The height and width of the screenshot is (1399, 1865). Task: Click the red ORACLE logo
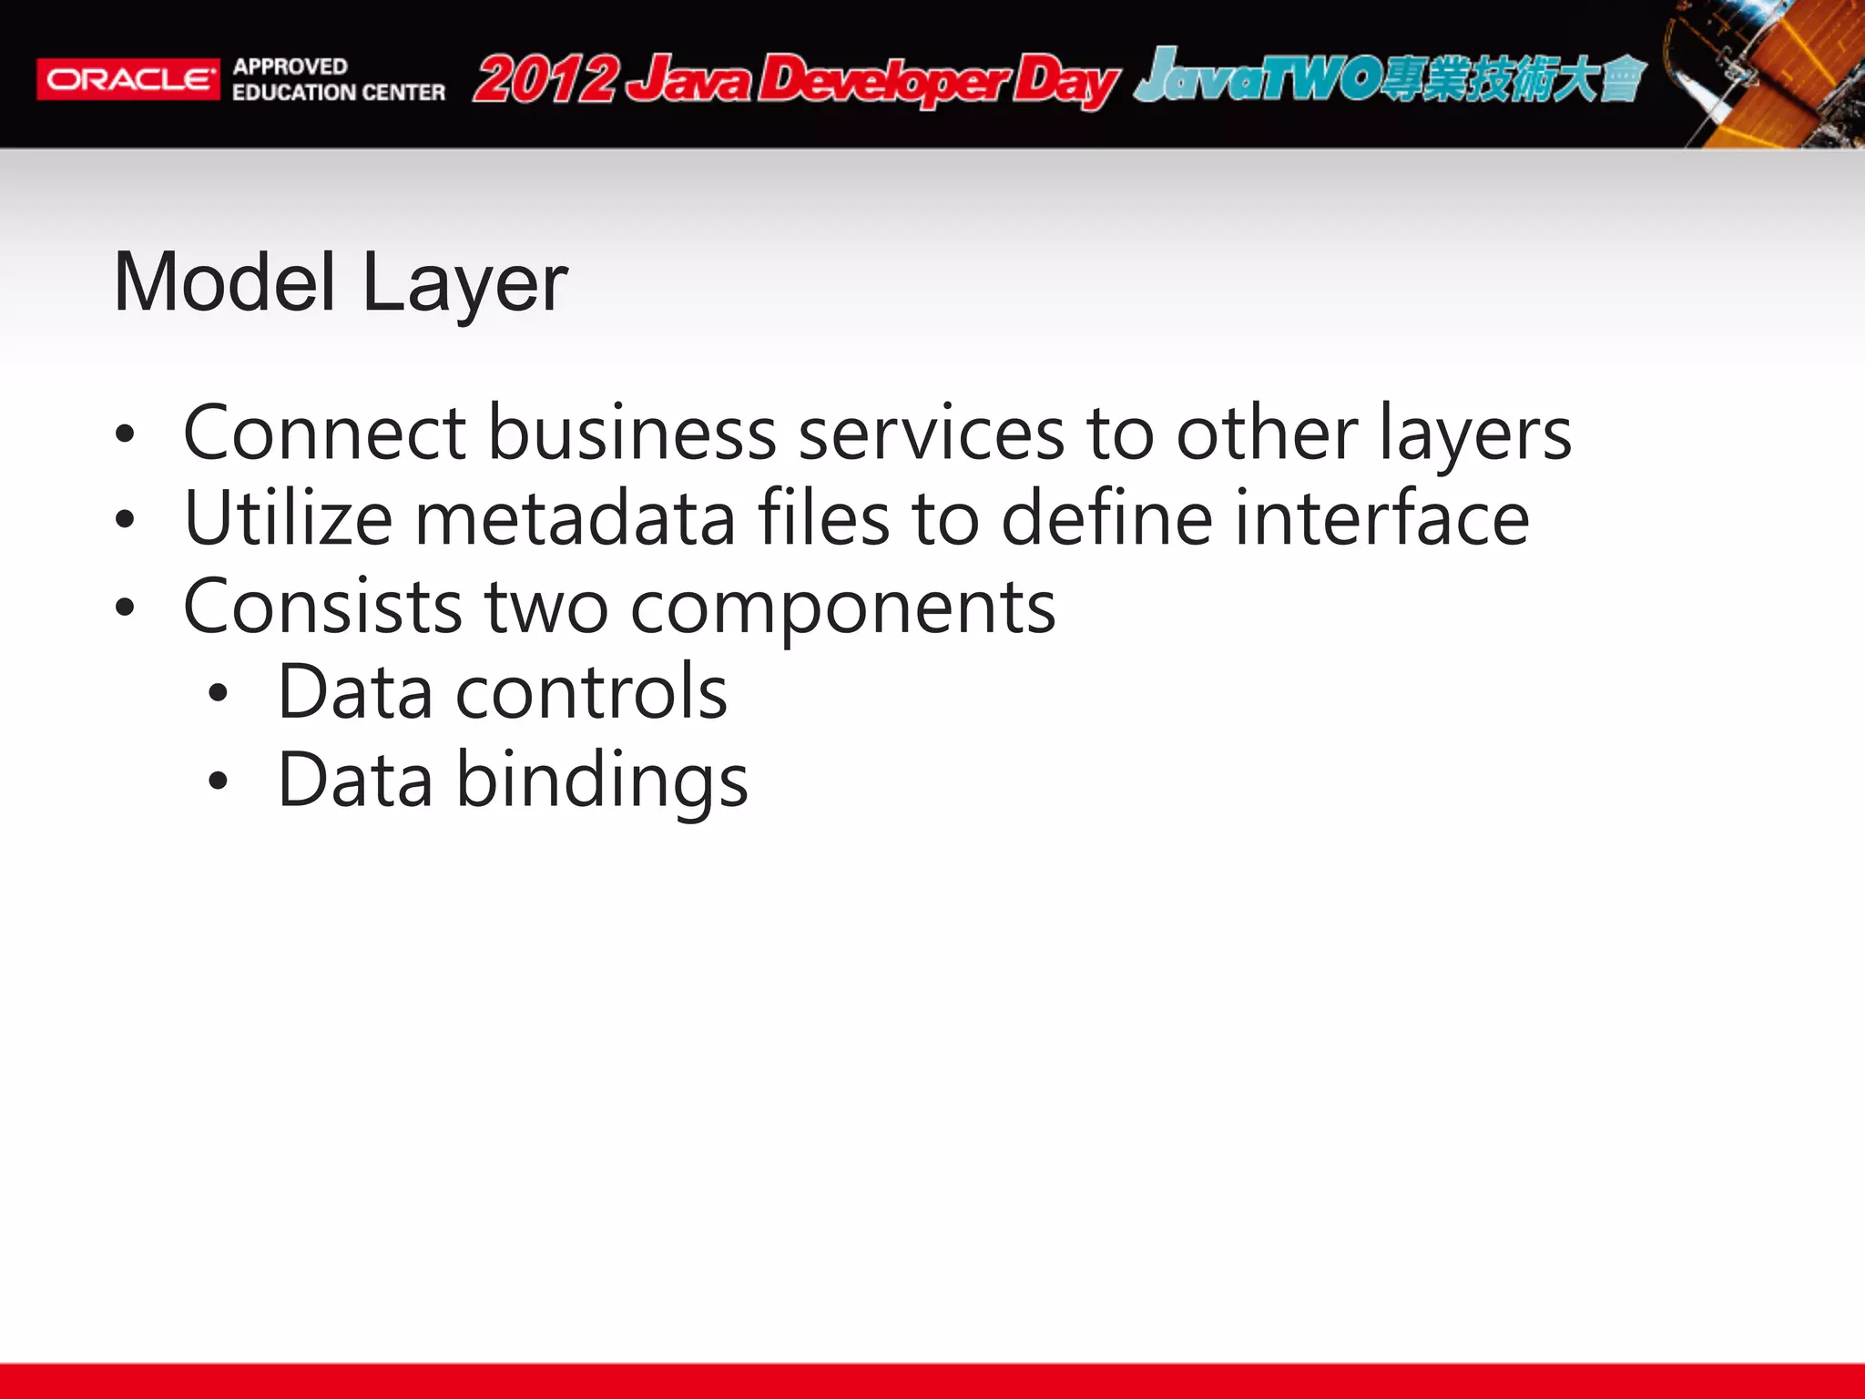coord(127,79)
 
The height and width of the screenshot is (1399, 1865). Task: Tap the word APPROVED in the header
coord(290,66)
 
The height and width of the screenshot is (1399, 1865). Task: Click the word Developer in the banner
coord(883,80)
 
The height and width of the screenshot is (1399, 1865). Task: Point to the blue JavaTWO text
coord(1257,77)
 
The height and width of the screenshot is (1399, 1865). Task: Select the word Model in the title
coord(225,282)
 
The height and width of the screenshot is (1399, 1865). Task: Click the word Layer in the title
coord(464,284)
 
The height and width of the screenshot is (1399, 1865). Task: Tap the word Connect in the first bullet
coord(325,433)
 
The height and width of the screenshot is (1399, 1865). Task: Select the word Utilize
coord(288,518)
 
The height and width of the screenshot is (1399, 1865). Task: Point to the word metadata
coord(575,518)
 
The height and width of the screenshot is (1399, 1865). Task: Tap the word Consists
coord(322,607)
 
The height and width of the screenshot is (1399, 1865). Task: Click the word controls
coord(591,692)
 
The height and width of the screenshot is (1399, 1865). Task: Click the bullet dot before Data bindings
coord(217,781)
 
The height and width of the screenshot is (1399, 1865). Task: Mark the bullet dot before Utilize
coord(125,519)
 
